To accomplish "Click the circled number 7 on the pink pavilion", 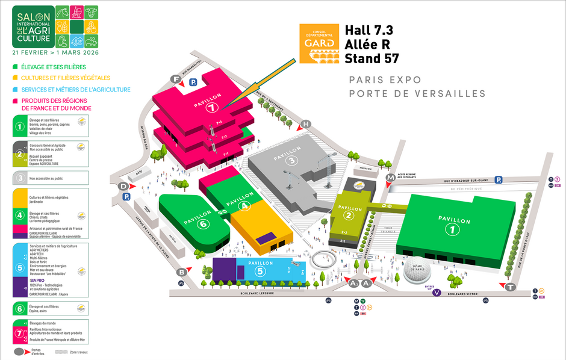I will [x=212, y=109].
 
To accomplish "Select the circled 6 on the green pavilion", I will [x=202, y=224].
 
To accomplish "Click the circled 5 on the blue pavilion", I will [x=260, y=271].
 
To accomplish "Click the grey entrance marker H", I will [x=306, y=124].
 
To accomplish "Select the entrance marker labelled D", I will [x=123, y=187].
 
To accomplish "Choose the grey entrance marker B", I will [x=182, y=272].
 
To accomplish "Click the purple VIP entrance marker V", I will [x=437, y=293].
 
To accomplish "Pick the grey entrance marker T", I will [x=510, y=287].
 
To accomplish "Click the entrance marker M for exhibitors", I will [x=391, y=177].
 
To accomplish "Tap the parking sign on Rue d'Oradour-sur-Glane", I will [x=499, y=179].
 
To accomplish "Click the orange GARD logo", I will [x=319, y=44].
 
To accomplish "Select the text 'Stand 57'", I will [x=372, y=58].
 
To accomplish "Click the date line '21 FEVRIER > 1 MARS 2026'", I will [x=55, y=52].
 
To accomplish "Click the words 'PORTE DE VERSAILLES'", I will [x=417, y=93].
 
